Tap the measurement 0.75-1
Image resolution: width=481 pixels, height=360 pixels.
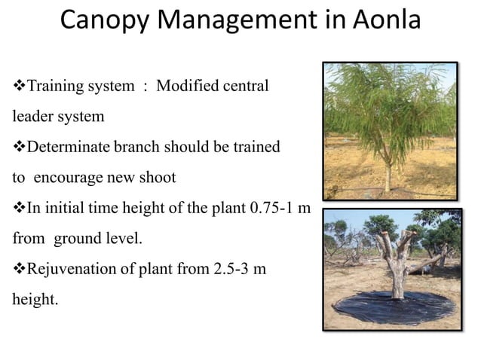(x=271, y=207)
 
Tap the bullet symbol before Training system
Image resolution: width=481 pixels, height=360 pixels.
(x=19, y=87)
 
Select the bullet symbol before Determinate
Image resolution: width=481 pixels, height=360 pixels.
(x=19, y=147)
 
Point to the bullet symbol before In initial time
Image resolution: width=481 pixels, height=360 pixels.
(x=19, y=207)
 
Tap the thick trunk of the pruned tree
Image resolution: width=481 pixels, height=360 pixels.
(x=397, y=279)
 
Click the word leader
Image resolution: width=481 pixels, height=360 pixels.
(x=32, y=117)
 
